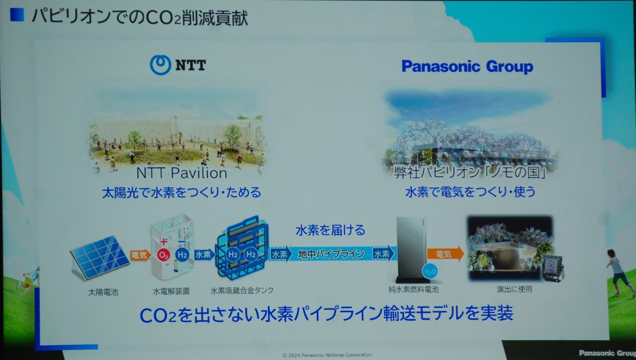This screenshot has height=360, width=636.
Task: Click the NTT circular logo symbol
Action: [161, 65]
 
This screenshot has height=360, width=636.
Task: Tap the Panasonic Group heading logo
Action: [467, 67]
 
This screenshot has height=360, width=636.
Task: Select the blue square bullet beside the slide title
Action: [17, 15]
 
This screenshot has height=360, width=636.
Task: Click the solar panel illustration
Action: [100, 257]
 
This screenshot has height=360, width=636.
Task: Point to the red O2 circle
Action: [164, 255]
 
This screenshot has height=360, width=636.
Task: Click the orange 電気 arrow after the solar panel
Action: [140, 255]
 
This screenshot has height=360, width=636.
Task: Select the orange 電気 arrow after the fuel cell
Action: [445, 254]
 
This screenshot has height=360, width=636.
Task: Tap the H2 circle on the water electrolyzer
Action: [182, 254]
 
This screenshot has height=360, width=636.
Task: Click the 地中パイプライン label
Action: [331, 254]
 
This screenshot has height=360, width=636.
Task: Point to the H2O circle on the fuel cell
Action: [430, 271]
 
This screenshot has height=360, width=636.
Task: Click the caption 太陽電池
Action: [103, 292]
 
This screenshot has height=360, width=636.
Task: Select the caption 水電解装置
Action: [171, 291]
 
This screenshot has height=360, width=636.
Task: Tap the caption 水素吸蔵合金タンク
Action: [242, 290]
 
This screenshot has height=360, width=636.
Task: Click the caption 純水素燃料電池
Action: [413, 289]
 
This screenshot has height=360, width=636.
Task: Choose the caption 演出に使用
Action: [514, 289]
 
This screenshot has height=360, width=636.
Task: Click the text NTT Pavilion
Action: [182, 173]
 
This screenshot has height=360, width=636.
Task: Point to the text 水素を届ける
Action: [330, 230]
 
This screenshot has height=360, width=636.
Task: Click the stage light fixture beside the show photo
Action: [553, 268]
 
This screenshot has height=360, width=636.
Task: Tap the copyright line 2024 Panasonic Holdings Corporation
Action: [327, 355]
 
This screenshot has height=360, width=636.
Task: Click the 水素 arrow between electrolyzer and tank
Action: [204, 254]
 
